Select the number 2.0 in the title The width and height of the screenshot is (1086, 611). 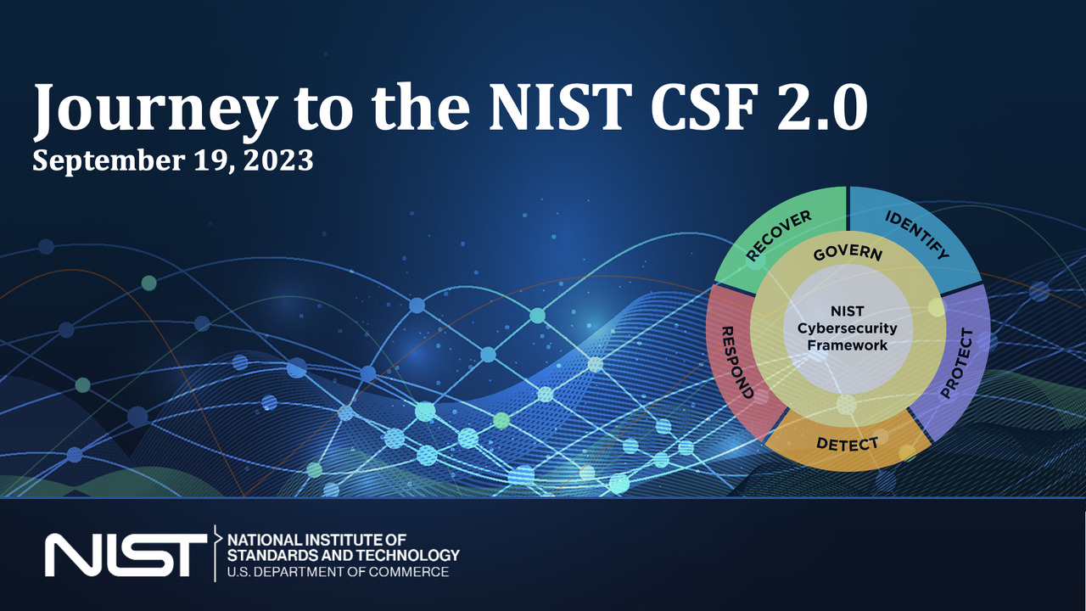point(822,107)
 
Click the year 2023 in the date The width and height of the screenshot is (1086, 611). point(277,160)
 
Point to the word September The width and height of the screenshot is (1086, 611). point(109,162)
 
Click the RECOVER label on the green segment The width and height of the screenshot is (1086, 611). point(779,236)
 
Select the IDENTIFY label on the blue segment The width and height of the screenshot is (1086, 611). point(917,235)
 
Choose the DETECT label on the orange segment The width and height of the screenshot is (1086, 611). point(847,443)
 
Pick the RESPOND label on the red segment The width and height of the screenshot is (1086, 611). point(737,362)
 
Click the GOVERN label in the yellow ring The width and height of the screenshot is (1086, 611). point(848,253)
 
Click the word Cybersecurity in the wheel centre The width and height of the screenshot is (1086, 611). point(847,328)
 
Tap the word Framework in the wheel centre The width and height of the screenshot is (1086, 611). point(847,345)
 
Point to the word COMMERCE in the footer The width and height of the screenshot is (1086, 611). point(408,572)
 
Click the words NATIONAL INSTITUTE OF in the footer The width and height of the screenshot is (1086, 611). point(316,540)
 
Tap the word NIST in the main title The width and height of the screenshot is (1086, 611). point(561,107)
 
